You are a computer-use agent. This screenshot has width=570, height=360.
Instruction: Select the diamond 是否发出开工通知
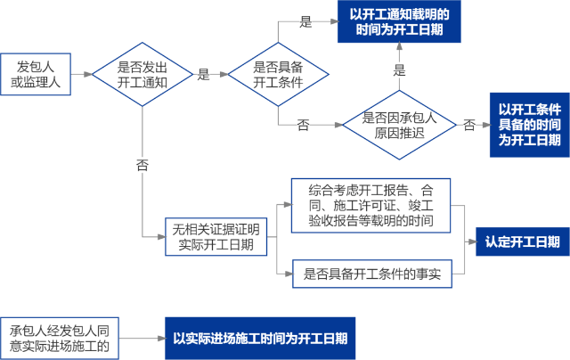coord(142,75)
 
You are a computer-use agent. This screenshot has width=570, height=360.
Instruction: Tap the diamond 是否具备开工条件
coord(278,75)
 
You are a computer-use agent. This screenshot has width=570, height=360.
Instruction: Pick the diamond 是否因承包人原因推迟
coord(399,125)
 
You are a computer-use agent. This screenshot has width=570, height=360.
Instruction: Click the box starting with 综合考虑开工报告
coord(370,205)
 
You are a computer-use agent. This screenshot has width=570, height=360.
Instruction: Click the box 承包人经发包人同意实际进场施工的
coord(59,338)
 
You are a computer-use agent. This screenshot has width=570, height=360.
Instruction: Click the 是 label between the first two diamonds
coord(203,75)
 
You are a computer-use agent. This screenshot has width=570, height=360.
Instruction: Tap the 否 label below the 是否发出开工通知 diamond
coord(142,166)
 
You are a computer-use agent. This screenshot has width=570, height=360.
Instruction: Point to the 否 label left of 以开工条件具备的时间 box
coord(468,125)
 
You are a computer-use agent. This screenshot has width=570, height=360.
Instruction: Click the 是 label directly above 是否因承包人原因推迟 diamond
coord(399,69)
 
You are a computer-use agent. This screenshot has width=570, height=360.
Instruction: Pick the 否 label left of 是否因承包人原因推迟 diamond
coord(303,125)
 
